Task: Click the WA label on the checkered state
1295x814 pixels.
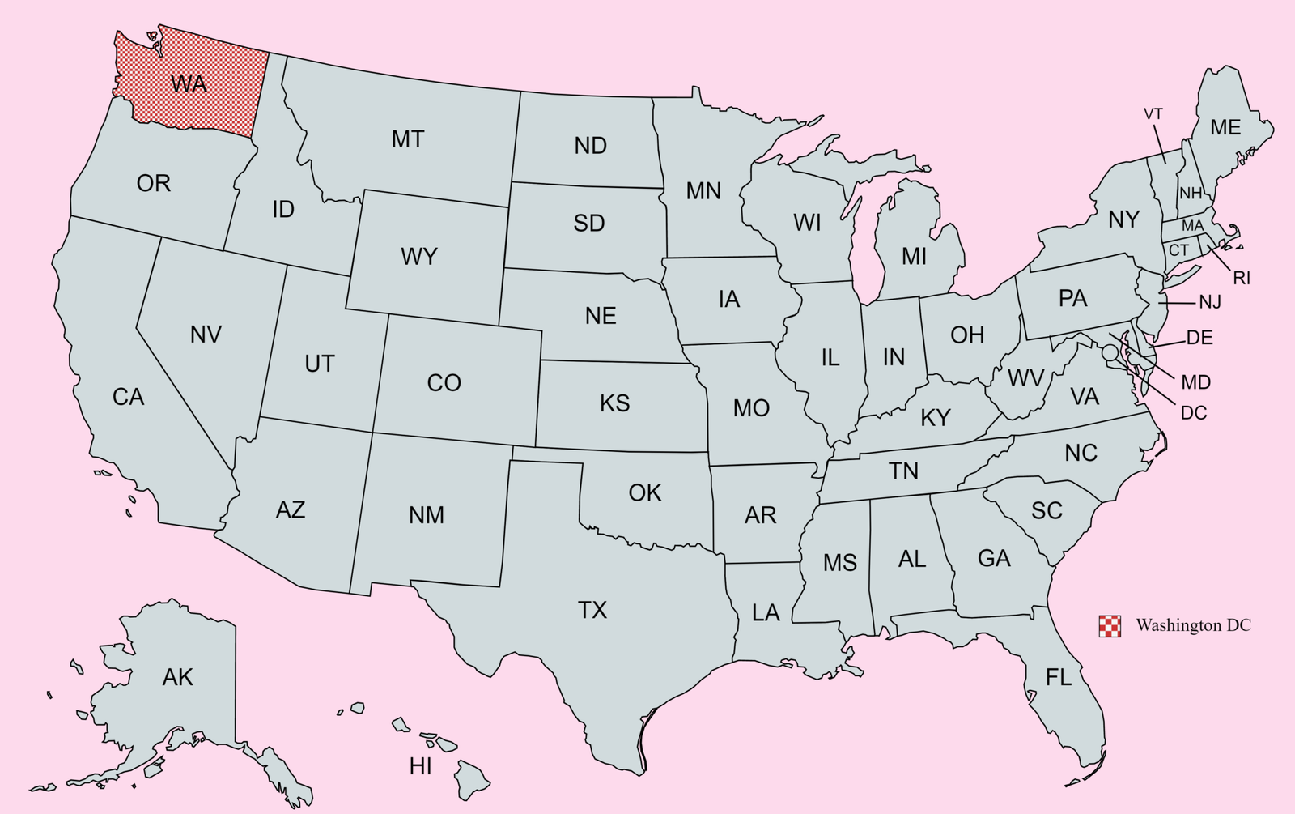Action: [189, 83]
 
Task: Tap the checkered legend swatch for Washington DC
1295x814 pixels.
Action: [1110, 626]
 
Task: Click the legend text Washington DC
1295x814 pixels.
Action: [1193, 625]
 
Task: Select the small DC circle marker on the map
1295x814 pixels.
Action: [1109, 352]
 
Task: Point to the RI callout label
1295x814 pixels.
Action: [1242, 279]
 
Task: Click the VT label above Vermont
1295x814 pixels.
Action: [1153, 114]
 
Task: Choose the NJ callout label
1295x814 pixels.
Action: [1210, 302]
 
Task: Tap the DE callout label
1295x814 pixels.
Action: [1199, 339]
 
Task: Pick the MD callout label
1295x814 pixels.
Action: [1196, 382]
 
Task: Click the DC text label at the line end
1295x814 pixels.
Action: [1194, 413]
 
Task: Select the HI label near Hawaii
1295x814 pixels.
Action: [420, 766]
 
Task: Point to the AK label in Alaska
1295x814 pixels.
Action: [177, 677]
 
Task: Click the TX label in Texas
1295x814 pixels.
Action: [592, 610]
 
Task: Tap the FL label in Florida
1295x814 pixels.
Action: [1059, 677]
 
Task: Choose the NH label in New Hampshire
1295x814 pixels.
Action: [1191, 194]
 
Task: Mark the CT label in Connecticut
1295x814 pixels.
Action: [1178, 250]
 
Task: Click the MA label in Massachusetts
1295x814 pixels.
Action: [1192, 226]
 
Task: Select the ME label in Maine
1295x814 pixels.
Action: [1225, 127]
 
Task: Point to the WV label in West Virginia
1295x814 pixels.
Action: [1025, 377]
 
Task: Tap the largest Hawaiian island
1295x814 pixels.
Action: [472, 778]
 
